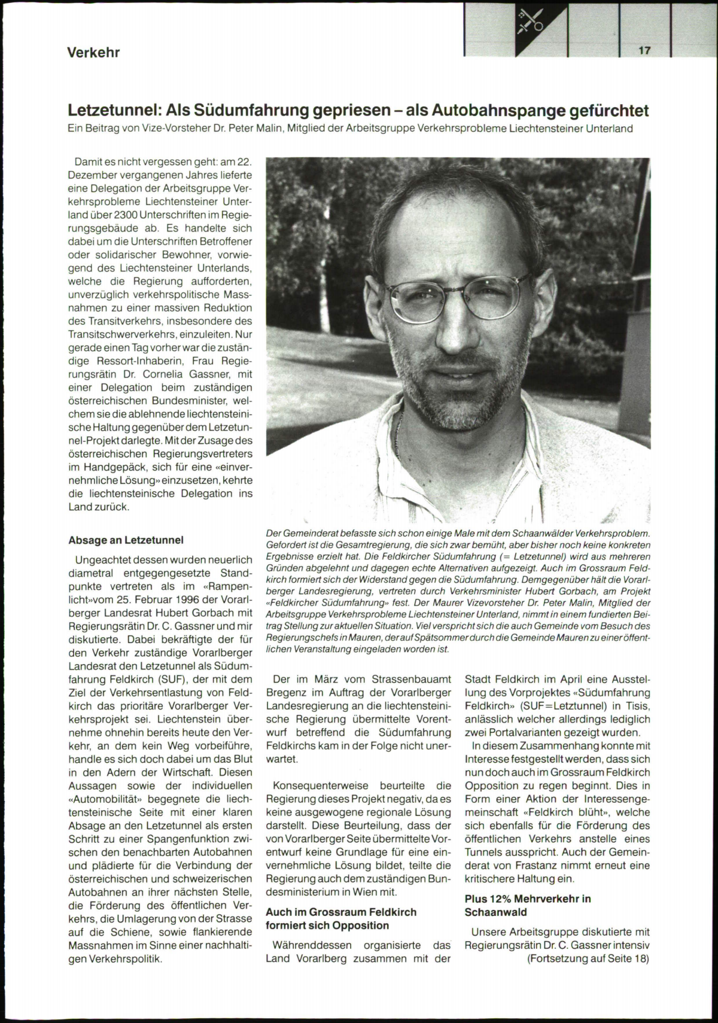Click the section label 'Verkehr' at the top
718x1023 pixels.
pyautogui.click(x=93, y=53)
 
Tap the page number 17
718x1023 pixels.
pyautogui.click(x=644, y=51)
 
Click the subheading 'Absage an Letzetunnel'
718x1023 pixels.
pyautogui.click(x=126, y=540)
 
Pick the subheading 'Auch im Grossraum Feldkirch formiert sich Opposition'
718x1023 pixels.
pyautogui.click(x=341, y=918)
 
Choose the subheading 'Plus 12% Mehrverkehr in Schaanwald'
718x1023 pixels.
pyautogui.click(x=528, y=905)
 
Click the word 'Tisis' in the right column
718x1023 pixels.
pyautogui.click(x=637, y=706)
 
